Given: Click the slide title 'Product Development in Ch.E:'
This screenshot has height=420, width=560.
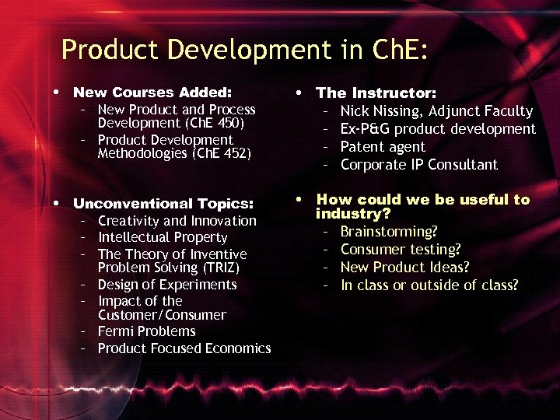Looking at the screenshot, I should click(x=244, y=50).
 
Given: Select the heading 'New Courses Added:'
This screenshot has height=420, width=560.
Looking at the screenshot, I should click(x=152, y=92).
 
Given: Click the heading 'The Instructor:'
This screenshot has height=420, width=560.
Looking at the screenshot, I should click(x=376, y=93).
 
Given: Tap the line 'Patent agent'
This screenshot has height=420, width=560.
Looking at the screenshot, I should click(x=383, y=147).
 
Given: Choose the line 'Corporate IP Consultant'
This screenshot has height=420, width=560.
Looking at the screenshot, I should click(x=418, y=165).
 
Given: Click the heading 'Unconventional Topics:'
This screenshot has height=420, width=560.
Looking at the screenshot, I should click(x=163, y=204).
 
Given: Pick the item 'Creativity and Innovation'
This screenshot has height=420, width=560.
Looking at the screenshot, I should click(x=177, y=221).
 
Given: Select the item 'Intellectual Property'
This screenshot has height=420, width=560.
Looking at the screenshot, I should click(x=163, y=237).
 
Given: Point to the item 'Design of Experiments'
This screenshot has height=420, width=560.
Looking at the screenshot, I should click(x=167, y=285).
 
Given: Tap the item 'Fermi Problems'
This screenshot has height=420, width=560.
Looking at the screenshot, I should click(x=146, y=331).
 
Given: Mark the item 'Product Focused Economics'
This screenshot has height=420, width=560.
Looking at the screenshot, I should click(x=184, y=348).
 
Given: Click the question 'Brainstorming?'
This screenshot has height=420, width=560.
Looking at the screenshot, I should click(x=389, y=232).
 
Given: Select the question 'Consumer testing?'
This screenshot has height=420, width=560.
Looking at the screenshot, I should click(x=401, y=250).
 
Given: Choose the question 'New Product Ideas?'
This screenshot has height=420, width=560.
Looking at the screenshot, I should click(x=404, y=268).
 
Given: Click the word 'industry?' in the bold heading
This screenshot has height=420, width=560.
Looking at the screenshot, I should click(x=352, y=213).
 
